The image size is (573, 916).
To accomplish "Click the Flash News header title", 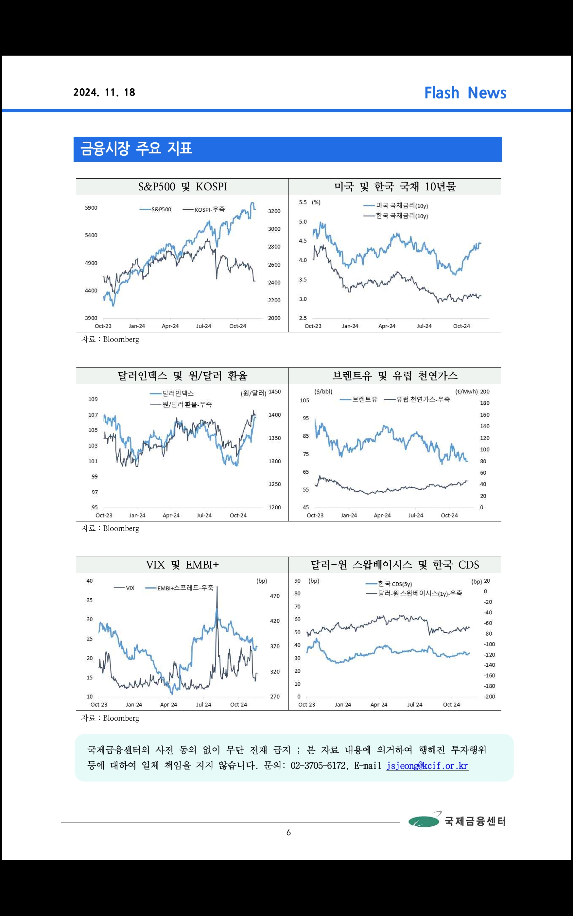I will [x=465, y=93].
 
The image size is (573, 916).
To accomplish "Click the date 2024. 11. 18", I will [x=104, y=93].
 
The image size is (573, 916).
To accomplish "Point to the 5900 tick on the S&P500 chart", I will [x=91, y=208].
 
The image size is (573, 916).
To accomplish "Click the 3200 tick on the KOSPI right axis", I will [x=274, y=211].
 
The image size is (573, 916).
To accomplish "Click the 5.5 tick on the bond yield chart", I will [x=303, y=203].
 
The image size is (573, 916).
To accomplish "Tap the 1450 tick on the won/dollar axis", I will [x=274, y=392].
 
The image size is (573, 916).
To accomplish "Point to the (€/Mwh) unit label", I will [x=466, y=392].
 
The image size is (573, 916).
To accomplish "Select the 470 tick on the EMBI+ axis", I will [x=275, y=596].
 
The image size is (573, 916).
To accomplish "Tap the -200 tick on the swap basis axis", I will [x=489, y=696].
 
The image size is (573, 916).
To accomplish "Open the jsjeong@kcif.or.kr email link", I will [x=427, y=766].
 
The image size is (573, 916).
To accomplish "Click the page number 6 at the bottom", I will [x=288, y=833].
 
